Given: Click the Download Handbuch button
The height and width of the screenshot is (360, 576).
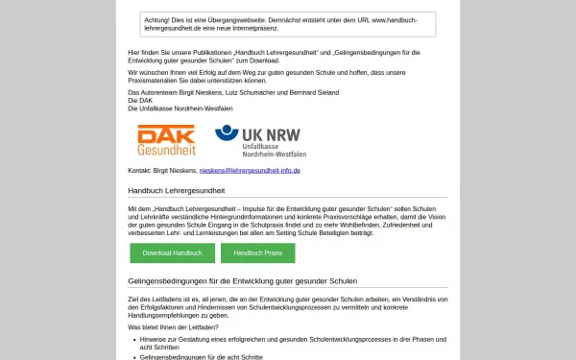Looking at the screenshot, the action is point(172,252).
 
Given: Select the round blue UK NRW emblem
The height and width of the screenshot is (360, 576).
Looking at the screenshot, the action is point(226,134).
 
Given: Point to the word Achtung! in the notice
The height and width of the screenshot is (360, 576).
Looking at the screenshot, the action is point(156,18).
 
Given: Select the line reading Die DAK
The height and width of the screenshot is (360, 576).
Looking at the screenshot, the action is point(140,101).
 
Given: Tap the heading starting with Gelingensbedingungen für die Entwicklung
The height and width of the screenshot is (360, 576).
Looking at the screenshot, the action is point(242,281).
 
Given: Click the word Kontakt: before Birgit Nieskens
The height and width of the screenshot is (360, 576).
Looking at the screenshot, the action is point(141,170).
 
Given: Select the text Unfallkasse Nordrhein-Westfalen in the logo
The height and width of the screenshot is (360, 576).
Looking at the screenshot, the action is point(274,149).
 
